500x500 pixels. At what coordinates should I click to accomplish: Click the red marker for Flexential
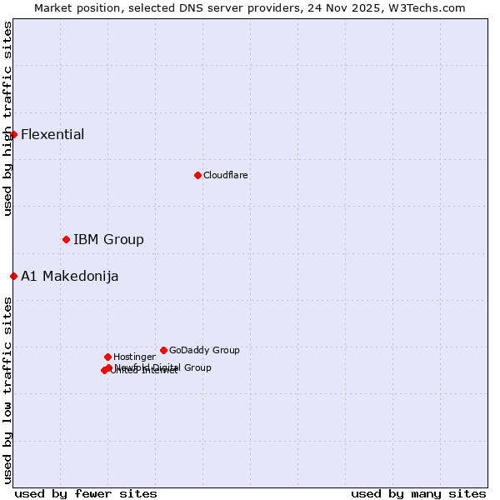pyautogui.click(x=13, y=134)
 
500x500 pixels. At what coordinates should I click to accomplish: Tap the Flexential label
pyautogui.click(x=52, y=135)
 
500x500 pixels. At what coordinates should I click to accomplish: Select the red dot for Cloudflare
pyautogui.click(x=197, y=175)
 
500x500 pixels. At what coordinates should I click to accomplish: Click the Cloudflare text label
pyautogui.click(x=226, y=176)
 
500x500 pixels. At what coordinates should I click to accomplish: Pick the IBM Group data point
pyautogui.click(x=66, y=239)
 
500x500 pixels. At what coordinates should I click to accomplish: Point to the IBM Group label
pyautogui.click(x=108, y=240)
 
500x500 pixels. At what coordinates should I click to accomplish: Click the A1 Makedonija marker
pyautogui.click(x=13, y=276)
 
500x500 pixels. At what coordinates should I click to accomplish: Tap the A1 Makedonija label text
pyautogui.click(x=69, y=277)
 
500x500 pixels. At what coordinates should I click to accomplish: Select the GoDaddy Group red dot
pyautogui.click(x=163, y=350)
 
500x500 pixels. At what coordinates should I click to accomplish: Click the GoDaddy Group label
pyautogui.click(x=204, y=351)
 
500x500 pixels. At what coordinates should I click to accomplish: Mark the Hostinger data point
pyautogui.click(x=107, y=357)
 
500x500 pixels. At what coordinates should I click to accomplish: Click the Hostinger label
pyautogui.click(x=134, y=357)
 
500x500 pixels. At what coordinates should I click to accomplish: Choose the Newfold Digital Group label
pyautogui.click(x=163, y=367)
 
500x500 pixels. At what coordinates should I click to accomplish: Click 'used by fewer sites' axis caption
pyautogui.click(x=86, y=493)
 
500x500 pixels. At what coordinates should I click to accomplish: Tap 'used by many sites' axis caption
pyautogui.click(x=418, y=493)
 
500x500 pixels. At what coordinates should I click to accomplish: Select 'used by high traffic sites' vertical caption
pyautogui.click(x=7, y=118)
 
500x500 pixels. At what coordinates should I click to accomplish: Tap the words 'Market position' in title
pyautogui.click(x=73, y=7)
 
